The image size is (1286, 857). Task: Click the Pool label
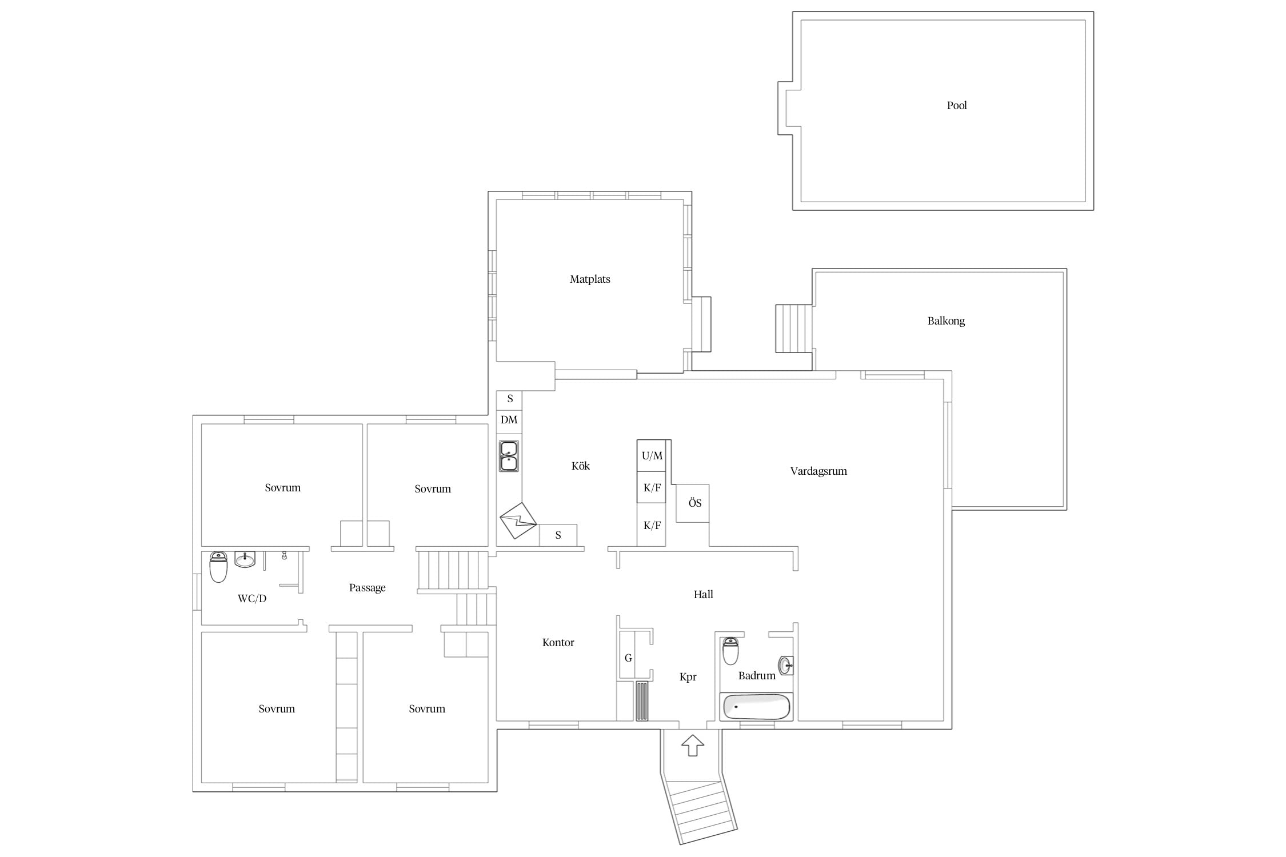(957, 105)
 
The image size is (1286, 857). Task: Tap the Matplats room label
(590, 279)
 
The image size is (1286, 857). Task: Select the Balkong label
(946, 321)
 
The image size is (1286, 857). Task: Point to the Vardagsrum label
(818, 471)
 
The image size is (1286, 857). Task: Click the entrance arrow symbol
(693, 745)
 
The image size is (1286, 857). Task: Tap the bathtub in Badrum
(756, 707)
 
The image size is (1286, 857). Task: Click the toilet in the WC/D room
(218, 567)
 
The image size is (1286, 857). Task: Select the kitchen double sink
(509, 456)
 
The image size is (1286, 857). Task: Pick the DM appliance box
(509, 421)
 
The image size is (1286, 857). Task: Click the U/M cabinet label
(652, 456)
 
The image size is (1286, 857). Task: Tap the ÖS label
(695, 503)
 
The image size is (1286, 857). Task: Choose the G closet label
(628, 658)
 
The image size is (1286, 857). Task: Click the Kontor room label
(558, 643)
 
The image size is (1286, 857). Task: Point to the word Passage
(368, 588)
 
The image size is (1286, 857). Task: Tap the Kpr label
(688, 677)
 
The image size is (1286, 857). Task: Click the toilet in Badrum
(730, 651)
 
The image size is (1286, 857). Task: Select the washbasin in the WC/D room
(245, 559)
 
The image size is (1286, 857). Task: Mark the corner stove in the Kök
(518, 520)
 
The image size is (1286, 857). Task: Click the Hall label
(703, 595)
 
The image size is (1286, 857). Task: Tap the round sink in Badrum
(786, 665)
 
